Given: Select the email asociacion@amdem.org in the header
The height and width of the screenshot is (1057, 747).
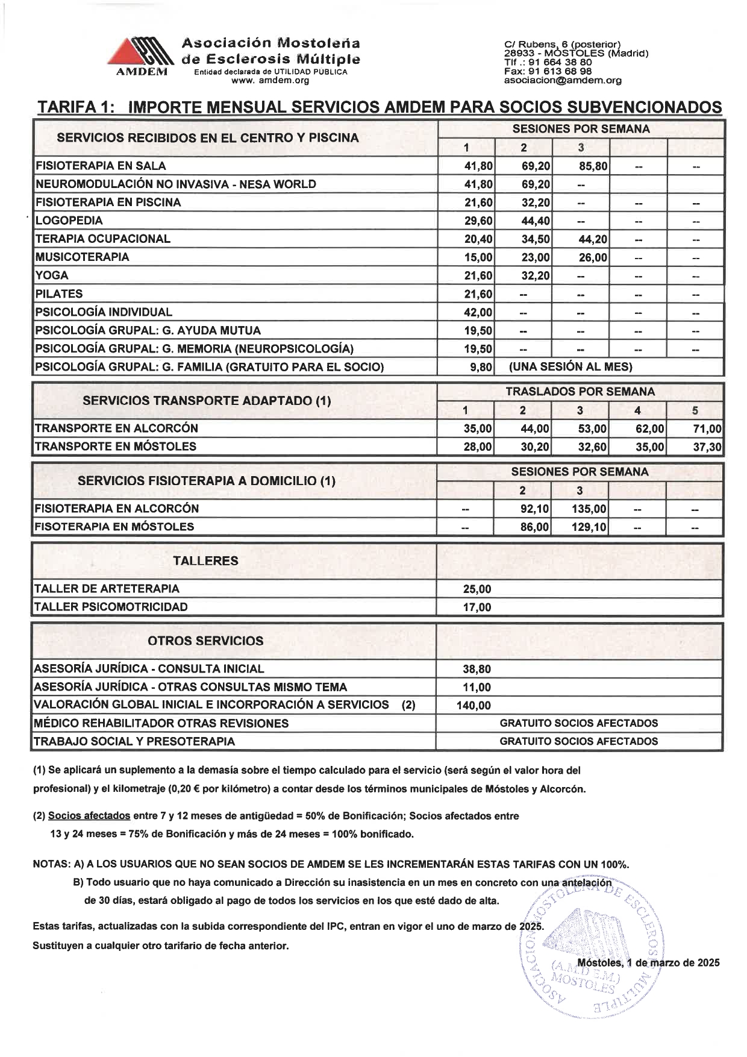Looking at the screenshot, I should (563, 80).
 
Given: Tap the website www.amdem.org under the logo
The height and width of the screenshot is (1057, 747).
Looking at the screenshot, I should (270, 80).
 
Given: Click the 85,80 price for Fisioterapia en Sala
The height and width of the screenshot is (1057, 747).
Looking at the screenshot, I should (593, 166).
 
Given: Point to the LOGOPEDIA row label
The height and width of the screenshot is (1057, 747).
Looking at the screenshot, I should (69, 221).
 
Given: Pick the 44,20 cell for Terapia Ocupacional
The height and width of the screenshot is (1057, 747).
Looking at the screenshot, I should (593, 239).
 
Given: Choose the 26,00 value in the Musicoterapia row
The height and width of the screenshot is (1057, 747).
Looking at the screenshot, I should (593, 258).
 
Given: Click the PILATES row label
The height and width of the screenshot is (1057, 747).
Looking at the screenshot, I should (59, 294).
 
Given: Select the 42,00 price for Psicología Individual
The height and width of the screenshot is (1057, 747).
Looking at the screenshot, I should (478, 313).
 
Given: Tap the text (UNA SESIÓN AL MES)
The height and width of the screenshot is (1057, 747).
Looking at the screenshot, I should (570, 367).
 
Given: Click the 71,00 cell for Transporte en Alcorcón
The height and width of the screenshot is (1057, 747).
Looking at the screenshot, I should (707, 429).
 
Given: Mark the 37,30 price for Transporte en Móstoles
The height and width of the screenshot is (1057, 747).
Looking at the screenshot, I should (707, 447).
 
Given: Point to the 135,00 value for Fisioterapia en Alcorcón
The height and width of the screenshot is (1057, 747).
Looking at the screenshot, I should (589, 509).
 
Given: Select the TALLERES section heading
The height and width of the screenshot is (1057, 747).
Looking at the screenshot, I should (205, 561).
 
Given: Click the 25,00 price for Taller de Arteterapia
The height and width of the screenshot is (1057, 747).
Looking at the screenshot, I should (477, 589).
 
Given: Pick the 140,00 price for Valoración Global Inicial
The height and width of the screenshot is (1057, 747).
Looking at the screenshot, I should (474, 706).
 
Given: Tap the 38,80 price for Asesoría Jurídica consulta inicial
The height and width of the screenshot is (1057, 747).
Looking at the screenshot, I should (477, 670).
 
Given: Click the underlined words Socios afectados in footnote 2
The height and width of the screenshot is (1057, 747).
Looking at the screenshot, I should (89, 816).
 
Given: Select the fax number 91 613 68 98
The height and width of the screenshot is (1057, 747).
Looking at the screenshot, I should (564, 71).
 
